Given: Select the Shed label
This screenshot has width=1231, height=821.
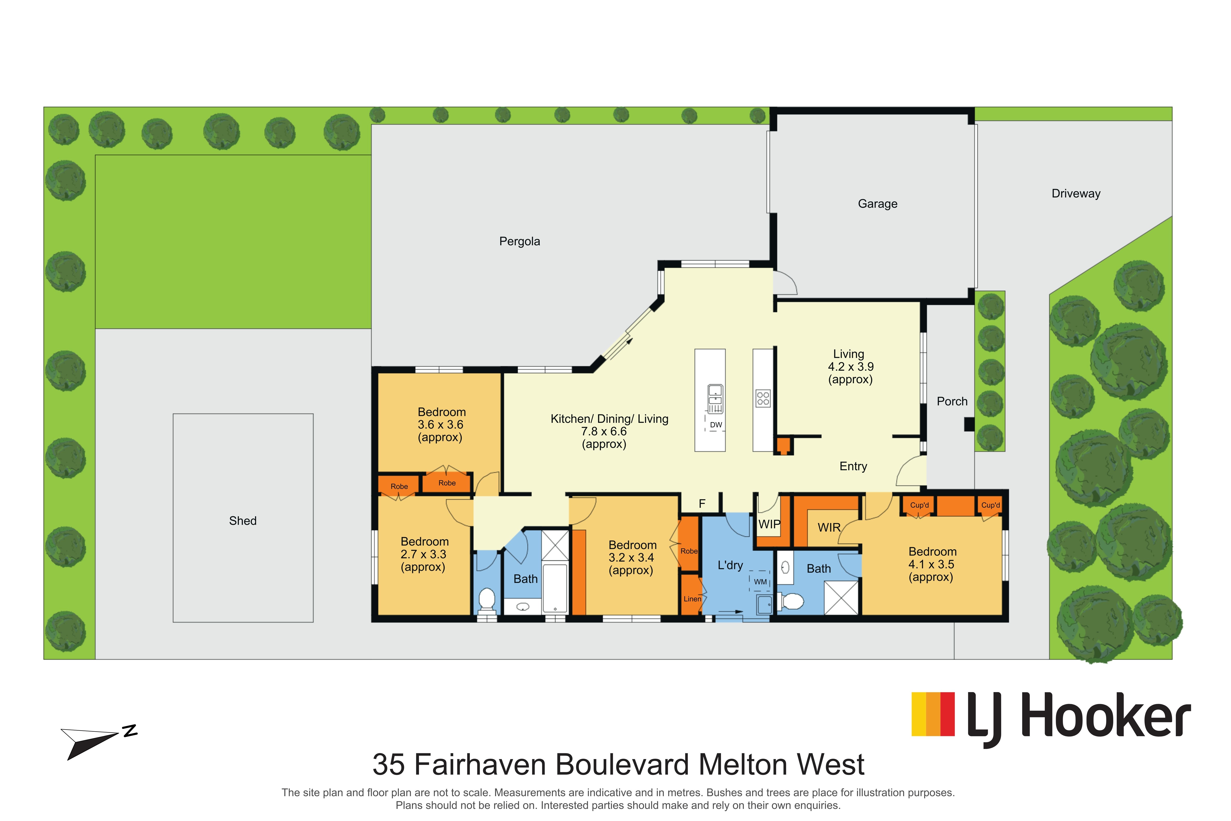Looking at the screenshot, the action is (243, 521).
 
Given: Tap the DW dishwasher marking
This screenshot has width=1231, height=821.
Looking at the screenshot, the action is (716, 425).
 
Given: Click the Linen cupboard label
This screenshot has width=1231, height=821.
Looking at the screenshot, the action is (692, 599).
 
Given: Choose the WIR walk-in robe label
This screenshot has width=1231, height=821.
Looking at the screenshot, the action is (829, 527).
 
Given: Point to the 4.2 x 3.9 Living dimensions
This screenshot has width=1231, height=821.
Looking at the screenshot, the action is (850, 367).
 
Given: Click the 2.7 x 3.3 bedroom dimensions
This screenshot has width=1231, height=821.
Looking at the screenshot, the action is (423, 554).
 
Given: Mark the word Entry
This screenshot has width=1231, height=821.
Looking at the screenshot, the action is (853, 467).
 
